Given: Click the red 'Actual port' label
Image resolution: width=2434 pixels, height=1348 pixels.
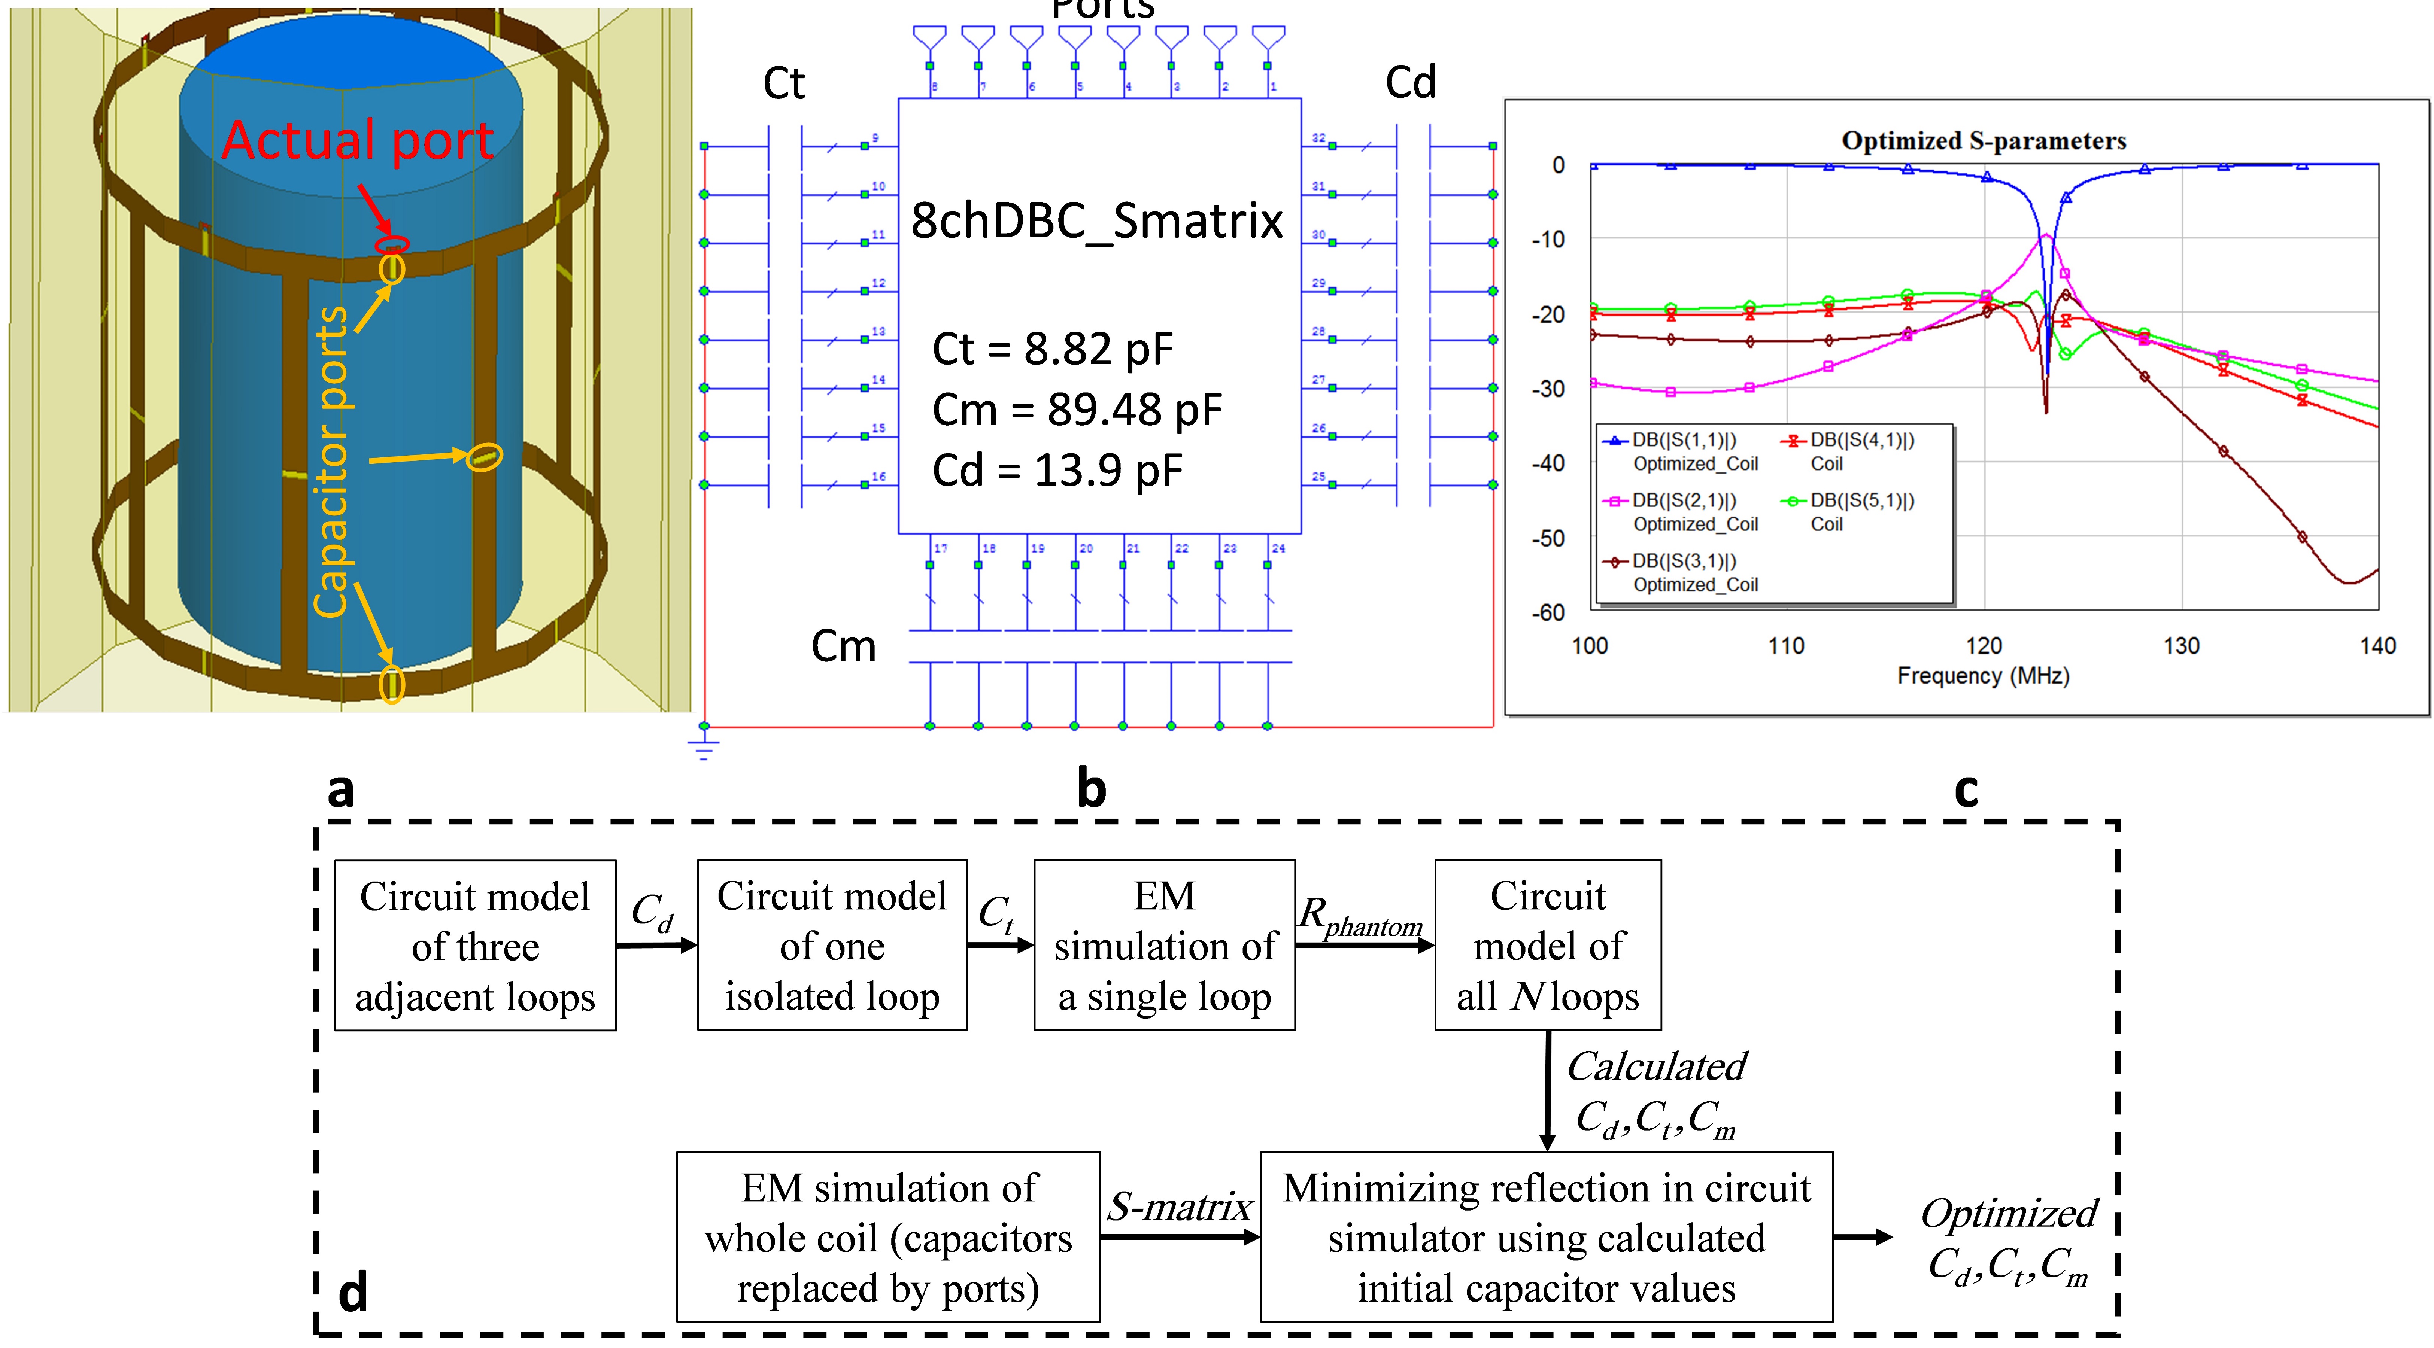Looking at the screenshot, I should (x=357, y=142).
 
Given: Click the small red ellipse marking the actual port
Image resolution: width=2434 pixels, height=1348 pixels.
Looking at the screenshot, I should (x=391, y=245).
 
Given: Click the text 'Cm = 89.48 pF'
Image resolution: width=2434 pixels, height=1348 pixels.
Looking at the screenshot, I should (x=1076, y=410).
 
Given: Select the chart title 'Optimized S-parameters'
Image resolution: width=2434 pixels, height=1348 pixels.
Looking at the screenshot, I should (x=1983, y=141).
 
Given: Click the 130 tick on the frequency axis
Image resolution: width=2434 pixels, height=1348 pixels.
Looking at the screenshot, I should (x=2181, y=646).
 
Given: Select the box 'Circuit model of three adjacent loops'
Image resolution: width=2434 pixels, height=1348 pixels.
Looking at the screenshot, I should (x=475, y=946).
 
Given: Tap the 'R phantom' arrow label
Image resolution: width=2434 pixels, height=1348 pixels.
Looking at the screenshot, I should (x=1361, y=916).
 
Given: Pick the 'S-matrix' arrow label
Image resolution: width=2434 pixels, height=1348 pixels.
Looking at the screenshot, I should (x=1179, y=1206).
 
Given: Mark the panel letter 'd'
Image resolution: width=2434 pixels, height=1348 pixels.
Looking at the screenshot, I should (x=352, y=1292).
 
